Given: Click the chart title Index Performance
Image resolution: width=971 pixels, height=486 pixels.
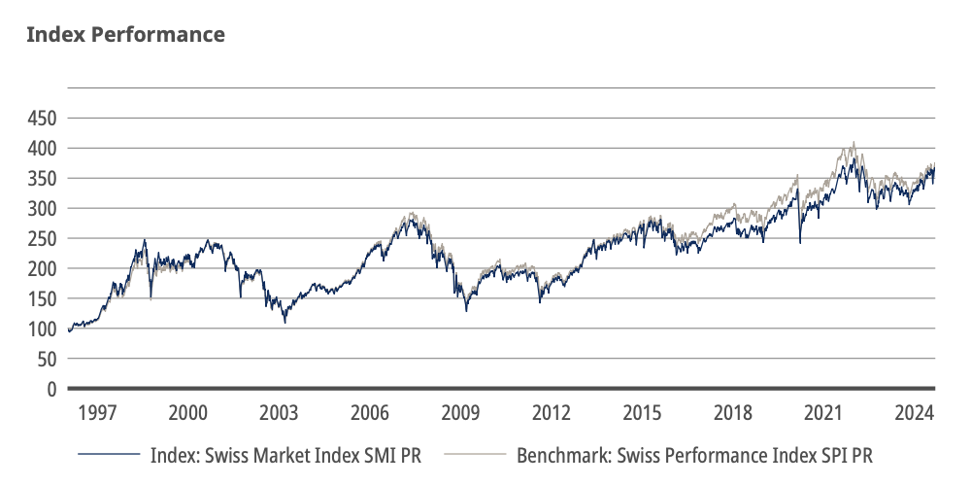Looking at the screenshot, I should point(125,35).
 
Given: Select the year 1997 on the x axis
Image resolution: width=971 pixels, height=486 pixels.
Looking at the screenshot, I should point(98,412).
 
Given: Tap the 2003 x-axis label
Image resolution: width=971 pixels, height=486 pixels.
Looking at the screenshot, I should point(279,412).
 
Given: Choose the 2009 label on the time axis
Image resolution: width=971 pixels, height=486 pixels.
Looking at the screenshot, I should point(460,412).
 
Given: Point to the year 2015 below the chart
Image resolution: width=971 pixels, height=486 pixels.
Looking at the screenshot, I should point(642,412).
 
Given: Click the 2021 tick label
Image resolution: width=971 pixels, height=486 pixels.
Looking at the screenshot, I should point(823,412).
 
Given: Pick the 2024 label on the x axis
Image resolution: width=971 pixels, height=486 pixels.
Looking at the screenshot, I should point(914,412).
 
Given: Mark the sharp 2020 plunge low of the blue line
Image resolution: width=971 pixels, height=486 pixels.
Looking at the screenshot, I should point(800,242).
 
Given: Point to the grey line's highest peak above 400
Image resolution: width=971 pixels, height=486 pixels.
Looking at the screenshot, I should point(854,142).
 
